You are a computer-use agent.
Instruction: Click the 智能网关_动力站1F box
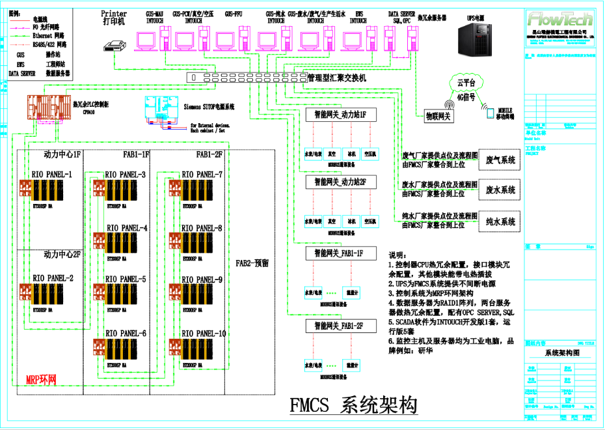point(340,115)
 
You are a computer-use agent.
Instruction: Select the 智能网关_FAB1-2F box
point(340,325)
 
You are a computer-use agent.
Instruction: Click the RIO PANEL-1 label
point(52,175)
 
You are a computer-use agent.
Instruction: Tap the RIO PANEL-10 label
point(204,334)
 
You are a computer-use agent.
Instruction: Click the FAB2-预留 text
point(252,263)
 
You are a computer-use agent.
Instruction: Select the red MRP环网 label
point(41,379)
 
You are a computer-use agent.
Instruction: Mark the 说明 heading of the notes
point(397,255)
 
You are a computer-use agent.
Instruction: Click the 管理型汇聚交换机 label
point(336,78)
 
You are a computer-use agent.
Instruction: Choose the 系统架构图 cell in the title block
point(561,352)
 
